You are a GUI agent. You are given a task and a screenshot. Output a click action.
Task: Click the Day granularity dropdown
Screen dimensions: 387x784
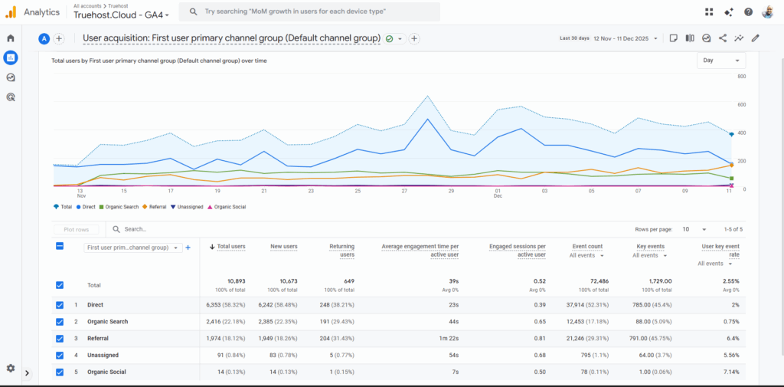tap(720, 61)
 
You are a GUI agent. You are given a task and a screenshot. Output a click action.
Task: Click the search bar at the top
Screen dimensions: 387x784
tap(309, 12)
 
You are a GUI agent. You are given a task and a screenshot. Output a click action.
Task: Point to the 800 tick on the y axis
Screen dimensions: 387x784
tap(741, 77)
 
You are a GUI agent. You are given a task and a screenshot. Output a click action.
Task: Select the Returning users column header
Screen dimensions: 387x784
tap(341, 251)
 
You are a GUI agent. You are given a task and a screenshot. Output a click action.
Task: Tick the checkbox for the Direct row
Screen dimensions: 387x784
tap(60, 305)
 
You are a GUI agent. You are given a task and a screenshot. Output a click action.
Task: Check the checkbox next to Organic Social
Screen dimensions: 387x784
tap(60, 372)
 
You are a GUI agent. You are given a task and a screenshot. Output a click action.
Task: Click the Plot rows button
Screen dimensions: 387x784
tap(76, 229)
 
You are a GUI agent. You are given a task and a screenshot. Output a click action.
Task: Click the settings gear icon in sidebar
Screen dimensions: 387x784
tap(11, 368)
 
